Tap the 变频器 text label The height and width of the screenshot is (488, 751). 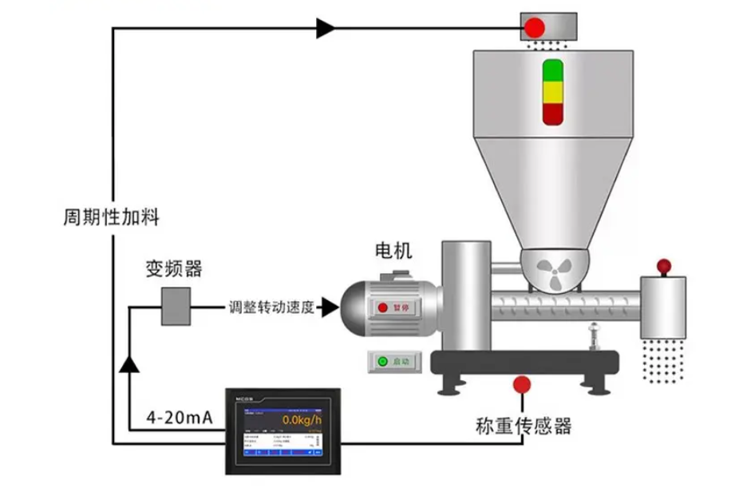tap(174, 268)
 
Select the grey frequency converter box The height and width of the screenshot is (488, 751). tap(176, 307)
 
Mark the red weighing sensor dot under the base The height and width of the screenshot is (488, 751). tap(523, 385)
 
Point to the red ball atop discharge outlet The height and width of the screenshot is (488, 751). tap(662, 266)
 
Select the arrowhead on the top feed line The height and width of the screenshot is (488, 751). tap(325, 29)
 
